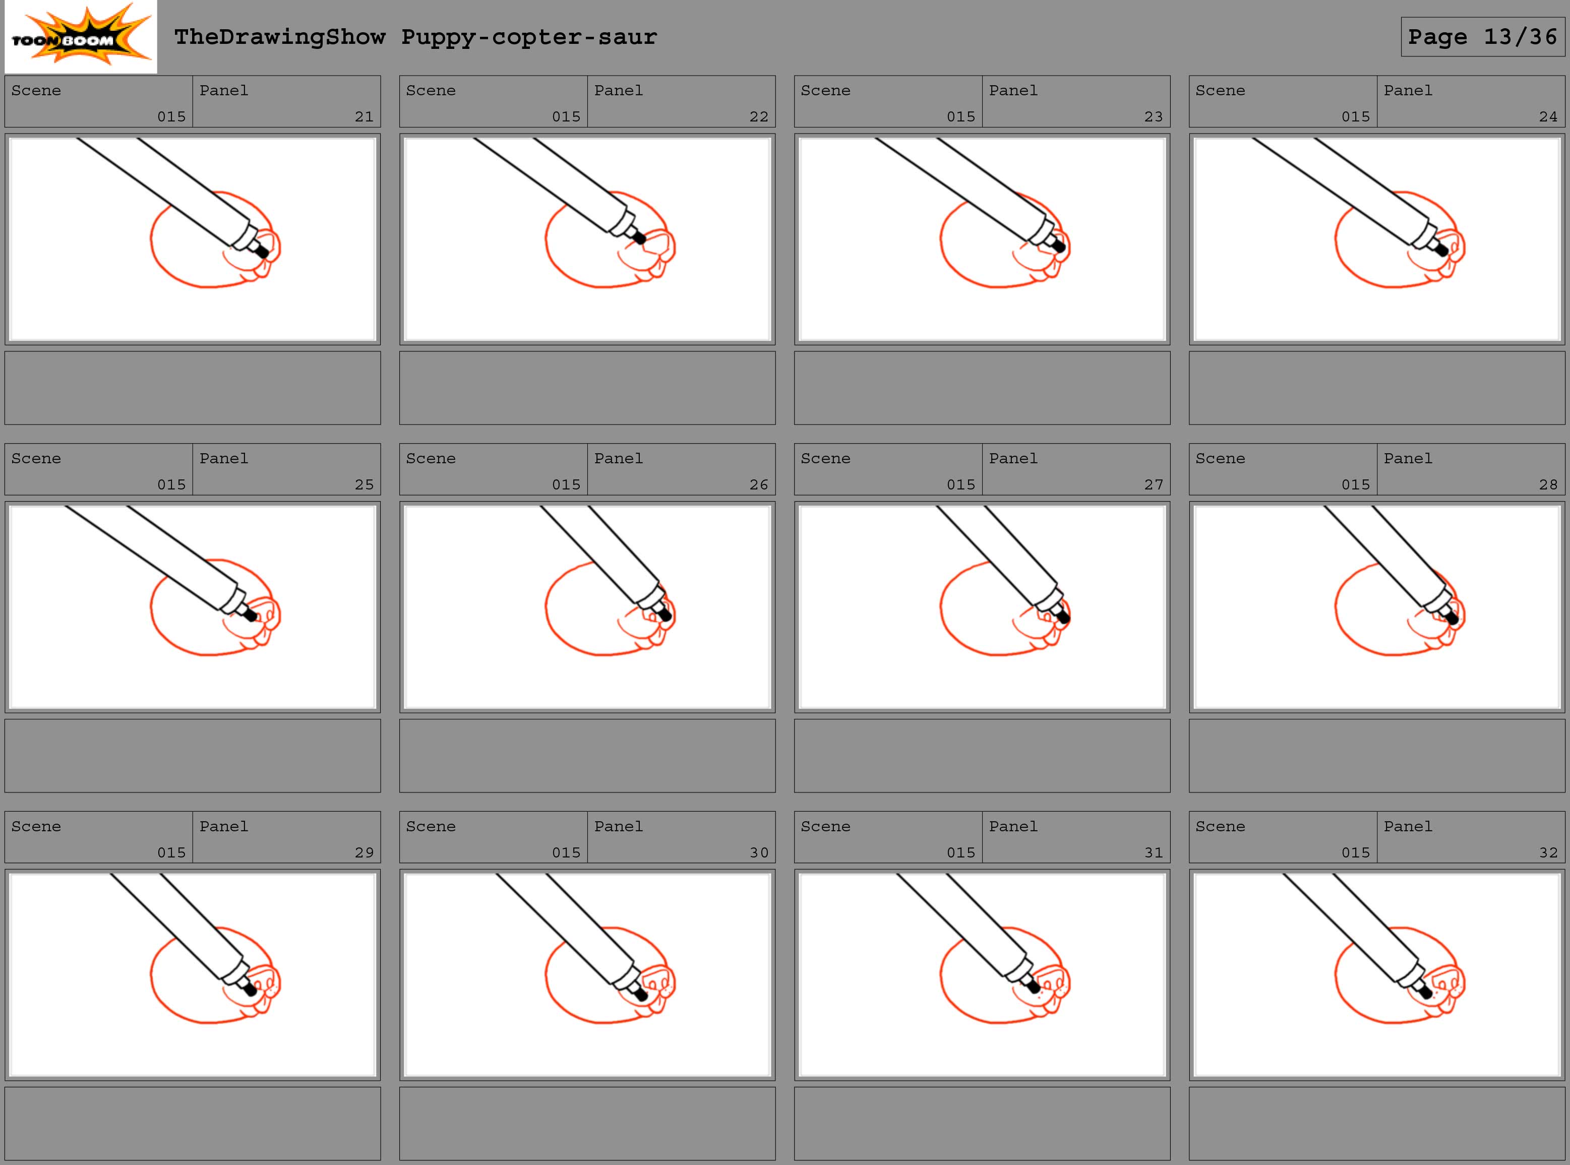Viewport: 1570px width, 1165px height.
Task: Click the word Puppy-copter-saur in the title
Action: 529,37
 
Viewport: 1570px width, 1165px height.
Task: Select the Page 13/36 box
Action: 1483,37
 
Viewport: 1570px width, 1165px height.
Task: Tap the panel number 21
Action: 364,116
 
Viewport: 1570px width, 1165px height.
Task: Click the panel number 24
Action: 1548,116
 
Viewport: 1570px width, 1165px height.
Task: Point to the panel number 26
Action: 759,484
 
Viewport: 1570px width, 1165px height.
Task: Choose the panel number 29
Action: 364,852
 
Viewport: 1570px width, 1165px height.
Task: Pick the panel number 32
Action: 1548,852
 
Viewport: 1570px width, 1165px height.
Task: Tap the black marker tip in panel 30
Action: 640,994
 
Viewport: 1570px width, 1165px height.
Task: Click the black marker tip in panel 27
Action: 1063,617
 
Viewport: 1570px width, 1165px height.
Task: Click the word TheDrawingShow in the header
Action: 280,37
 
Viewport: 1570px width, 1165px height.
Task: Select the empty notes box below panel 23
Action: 982,388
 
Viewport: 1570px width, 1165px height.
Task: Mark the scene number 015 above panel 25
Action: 171,484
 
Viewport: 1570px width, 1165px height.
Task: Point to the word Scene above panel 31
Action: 825,827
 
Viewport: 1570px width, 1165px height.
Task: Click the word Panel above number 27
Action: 1013,458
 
